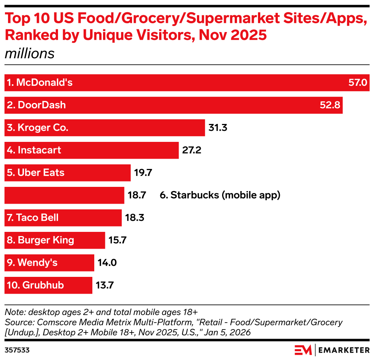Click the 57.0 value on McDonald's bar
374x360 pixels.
click(x=357, y=83)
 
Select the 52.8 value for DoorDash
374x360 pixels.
click(x=330, y=105)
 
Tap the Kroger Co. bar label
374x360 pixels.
click(x=37, y=128)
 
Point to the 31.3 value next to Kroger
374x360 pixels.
click(x=218, y=128)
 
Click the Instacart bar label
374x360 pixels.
click(x=34, y=150)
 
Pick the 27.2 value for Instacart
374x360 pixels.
click(x=192, y=150)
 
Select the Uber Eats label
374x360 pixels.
click(x=35, y=173)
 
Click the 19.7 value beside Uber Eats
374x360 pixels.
click(x=143, y=173)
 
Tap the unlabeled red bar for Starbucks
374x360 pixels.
click(x=64, y=195)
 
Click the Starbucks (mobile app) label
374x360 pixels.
click(x=220, y=195)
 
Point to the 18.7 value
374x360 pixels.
click(x=137, y=195)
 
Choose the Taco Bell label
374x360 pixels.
click(x=33, y=218)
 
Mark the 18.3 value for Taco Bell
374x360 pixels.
click(x=134, y=218)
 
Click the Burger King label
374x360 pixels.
click(x=40, y=240)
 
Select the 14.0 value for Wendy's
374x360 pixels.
click(x=107, y=263)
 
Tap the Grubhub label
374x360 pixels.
click(x=35, y=285)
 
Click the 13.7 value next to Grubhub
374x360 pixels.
click(x=105, y=285)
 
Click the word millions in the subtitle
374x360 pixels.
click(x=29, y=53)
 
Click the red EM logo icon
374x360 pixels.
click(x=303, y=349)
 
